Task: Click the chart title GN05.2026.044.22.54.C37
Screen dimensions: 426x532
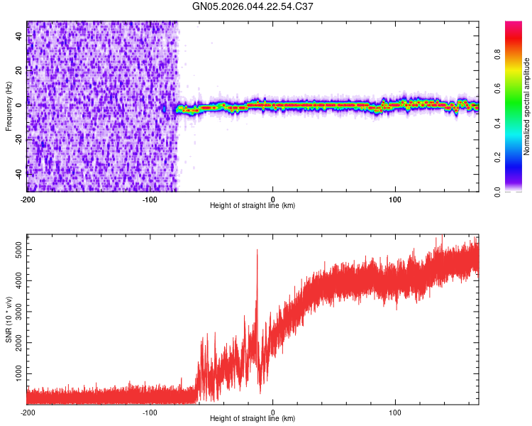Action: (253, 6)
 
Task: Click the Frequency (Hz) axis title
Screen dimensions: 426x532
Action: (9, 106)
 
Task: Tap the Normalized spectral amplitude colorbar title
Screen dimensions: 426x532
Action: (527, 106)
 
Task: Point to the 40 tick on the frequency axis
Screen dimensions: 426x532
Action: (20, 35)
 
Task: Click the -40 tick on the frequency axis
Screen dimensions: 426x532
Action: (20, 173)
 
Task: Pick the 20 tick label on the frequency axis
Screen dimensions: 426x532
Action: (20, 70)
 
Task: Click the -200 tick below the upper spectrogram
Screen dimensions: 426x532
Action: (27, 198)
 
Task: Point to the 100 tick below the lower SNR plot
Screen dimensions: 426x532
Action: (395, 412)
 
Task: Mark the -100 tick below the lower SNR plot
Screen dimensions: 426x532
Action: (150, 412)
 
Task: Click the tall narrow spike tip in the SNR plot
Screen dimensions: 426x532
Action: (257, 250)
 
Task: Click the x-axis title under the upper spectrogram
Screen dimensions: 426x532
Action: (253, 206)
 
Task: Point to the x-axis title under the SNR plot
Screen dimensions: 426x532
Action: (253, 419)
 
